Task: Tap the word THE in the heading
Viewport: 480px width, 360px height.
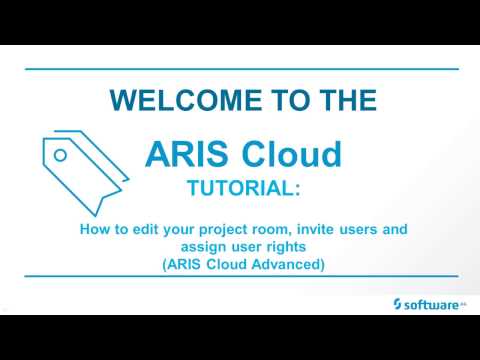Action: coord(348,100)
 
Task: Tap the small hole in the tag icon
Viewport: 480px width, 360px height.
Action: coord(60,156)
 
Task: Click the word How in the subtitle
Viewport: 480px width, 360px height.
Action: coord(94,229)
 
